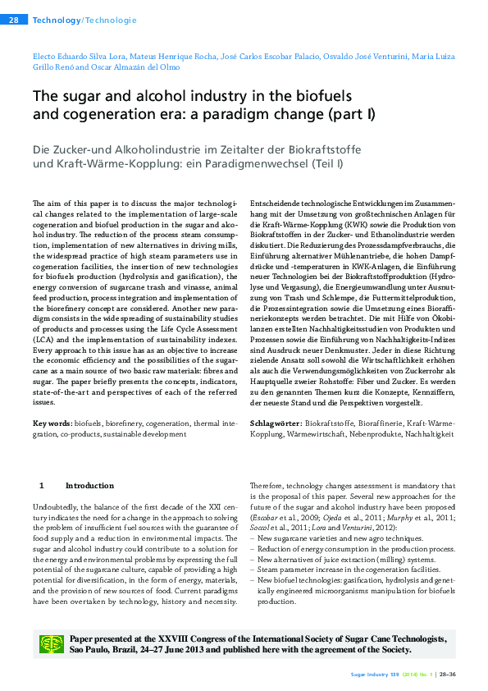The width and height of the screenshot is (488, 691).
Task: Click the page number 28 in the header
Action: (14, 19)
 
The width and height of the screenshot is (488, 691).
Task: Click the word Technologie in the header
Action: (111, 19)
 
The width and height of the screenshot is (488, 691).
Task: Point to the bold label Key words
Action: (51, 423)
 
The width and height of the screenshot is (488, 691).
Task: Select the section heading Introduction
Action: (90, 485)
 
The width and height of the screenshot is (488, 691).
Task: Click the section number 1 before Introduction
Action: (41, 485)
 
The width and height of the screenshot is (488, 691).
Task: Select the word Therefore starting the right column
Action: (269, 485)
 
